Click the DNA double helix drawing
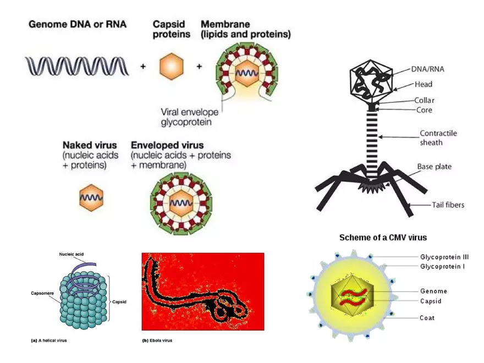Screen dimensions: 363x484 (77, 66)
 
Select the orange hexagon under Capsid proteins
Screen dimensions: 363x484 (170, 67)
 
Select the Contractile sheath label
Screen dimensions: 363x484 (438, 137)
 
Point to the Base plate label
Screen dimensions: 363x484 (435, 167)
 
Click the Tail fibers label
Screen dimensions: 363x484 (447, 205)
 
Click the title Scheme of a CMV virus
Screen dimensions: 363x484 (383, 238)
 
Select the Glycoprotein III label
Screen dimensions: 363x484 (444, 257)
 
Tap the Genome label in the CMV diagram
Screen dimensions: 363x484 (433, 291)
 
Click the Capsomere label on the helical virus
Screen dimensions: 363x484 (42, 293)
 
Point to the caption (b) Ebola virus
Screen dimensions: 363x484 (157, 340)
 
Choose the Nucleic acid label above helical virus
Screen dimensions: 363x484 (71, 254)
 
